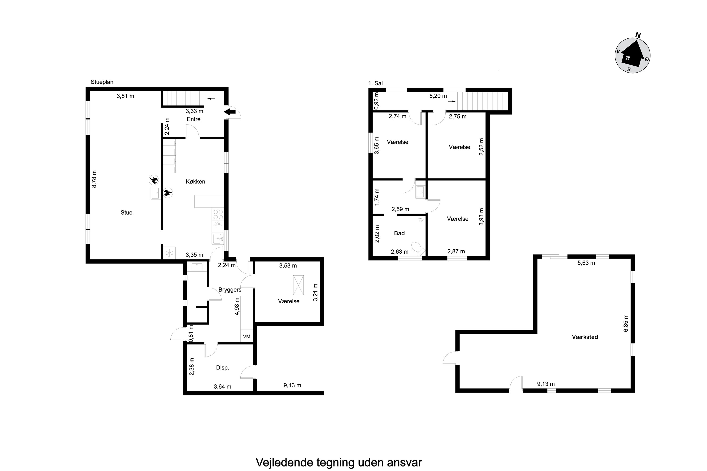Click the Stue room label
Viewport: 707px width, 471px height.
[x=126, y=213]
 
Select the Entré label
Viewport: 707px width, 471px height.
[x=193, y=119]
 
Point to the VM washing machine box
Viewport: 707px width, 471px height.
[x=247, y=337]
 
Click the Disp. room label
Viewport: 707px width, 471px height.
[x=222, y=368]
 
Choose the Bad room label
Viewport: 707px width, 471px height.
[x=399, y=233]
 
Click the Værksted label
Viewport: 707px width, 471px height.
[x=585, y=337]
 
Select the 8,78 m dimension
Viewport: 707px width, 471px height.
[x=94, y=179]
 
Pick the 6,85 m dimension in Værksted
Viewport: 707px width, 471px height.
[x=626, y=323]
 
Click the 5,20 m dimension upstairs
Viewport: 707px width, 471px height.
[x=438, y=96]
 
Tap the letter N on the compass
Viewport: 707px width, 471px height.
[x=638, y=35]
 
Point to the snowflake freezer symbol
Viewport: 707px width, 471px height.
[x=169, y=253]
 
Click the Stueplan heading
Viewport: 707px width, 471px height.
[x=102, y=82]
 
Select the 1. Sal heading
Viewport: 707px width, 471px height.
[x=375, y=84]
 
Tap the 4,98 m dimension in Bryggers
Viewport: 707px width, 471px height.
[x=237, y=306]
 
